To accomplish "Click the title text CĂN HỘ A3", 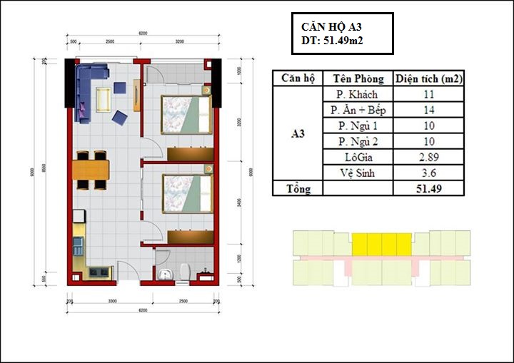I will click(332, 27).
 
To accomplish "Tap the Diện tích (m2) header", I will click(428, 78).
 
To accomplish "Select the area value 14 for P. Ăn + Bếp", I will click(428, 111).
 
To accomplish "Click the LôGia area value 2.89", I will click(428, 157).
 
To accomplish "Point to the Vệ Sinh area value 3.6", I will click(428, 173).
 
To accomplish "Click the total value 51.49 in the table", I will click(428, 189).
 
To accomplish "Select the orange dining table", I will click(91, 170).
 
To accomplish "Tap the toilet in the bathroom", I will click(186, 271).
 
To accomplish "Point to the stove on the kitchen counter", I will click(99, 272).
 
